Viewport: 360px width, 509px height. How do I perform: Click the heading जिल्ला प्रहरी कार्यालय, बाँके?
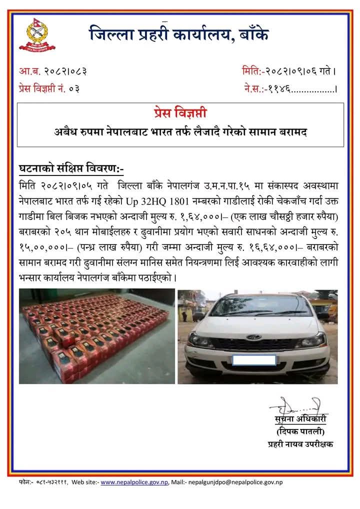coord(179,34)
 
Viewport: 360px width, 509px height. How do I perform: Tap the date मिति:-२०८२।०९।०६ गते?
coord(288,71)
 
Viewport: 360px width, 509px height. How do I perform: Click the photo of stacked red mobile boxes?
coord(95,336)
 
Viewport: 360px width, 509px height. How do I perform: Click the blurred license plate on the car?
coord(254,359)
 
